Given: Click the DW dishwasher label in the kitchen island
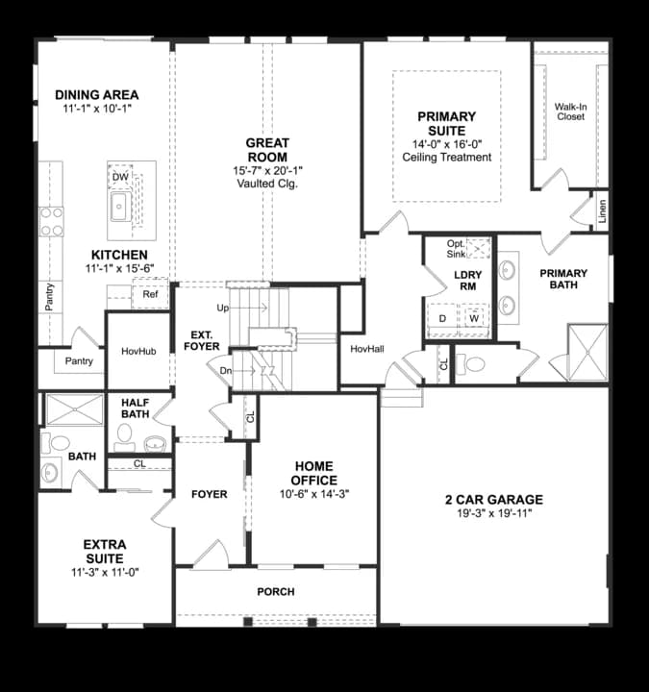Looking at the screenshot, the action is coord(120,177).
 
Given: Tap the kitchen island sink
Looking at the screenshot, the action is coord(119,206).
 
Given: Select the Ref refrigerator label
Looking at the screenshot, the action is coord(150,294).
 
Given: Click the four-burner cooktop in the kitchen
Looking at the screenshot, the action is coord(52,222).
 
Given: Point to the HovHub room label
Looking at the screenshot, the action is coord(138,352).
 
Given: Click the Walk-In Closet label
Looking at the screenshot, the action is coord(570,111).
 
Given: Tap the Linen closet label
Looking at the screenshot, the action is coord(602,210).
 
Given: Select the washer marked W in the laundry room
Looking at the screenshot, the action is coord(475,318).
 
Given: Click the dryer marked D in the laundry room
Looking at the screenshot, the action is coord(442,319).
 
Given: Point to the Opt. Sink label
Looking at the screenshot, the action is coord(456,249).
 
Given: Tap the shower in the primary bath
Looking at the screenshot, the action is coord(587,352).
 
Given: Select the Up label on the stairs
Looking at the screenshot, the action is coord(223,308).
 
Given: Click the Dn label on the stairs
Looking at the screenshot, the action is coord(226,371).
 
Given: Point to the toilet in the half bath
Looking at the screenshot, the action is coord(124,437).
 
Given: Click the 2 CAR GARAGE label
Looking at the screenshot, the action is coord(494,500).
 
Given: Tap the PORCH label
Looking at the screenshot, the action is coord(276,591).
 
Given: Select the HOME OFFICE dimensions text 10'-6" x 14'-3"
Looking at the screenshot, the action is coord(314,494).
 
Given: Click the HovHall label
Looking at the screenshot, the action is coord(367,349).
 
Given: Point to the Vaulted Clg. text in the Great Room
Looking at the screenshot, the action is coord(267,184).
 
